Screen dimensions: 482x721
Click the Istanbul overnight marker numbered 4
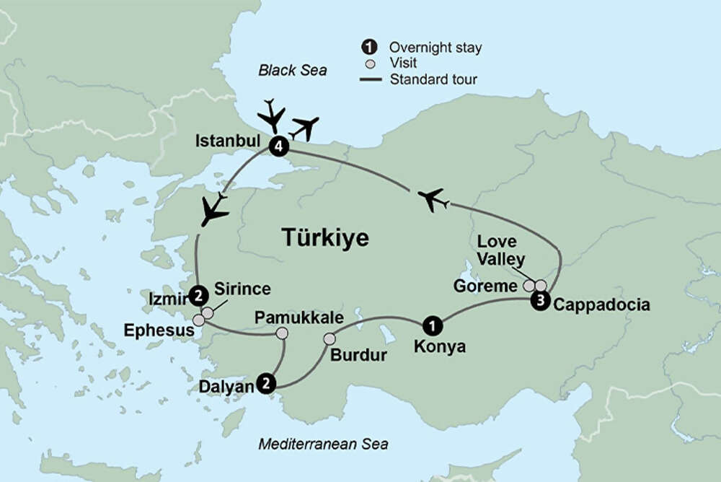(278, 147)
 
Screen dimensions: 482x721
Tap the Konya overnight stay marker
(431, 325)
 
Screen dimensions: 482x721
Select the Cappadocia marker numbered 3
(539, 302)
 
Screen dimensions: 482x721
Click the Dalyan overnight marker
(267, 383)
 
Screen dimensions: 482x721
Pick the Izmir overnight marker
(197, 294)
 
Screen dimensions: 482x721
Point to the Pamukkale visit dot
(283, 333)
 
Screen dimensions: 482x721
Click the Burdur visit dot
(329, 339)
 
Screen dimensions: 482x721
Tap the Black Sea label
(293, 71)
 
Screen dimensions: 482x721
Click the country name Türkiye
(324, 237)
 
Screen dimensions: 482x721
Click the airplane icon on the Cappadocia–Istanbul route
(433, 199)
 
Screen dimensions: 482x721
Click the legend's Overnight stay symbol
(368, 48)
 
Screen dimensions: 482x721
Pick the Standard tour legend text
(433, 79)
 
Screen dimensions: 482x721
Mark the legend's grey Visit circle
(368, 63)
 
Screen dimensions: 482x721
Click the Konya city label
(440, 347)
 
